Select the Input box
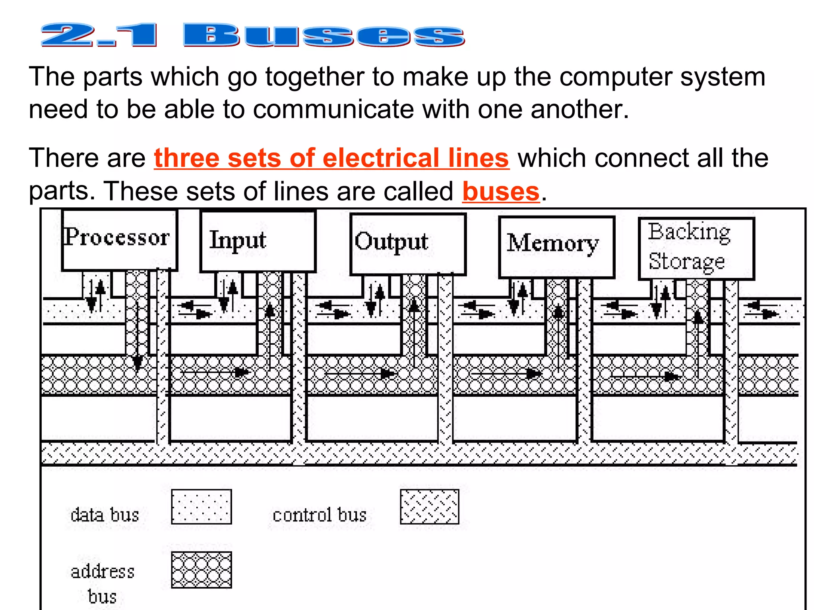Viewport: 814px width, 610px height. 258,241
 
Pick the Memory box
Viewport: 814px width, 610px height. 556,247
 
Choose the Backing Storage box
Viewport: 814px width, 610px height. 696,248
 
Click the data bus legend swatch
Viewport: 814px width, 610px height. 202,507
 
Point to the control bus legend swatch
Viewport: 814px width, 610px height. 430,507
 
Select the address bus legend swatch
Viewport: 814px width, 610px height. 202,569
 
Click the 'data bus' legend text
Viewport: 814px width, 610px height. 105,515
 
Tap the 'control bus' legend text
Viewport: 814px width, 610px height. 320,515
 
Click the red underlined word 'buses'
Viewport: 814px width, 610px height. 501,192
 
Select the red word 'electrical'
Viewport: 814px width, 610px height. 380,158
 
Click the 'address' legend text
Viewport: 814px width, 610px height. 103,572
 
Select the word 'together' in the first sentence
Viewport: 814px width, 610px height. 315,76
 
